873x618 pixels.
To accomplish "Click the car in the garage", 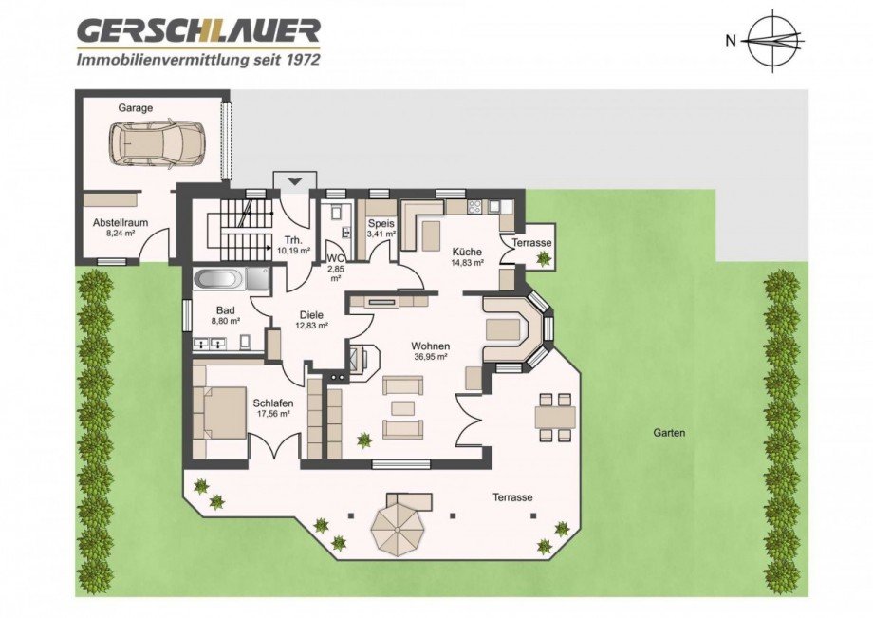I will (157, 142).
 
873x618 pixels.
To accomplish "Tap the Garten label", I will (669, 432).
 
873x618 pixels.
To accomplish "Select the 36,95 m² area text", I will (430, 358).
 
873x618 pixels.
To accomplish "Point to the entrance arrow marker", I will (294, 180).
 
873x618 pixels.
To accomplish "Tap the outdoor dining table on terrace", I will (555, 415).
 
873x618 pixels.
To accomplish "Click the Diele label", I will (311, 314).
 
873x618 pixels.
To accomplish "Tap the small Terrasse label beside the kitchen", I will (531, 243).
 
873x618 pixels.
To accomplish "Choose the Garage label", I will (135, 108).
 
